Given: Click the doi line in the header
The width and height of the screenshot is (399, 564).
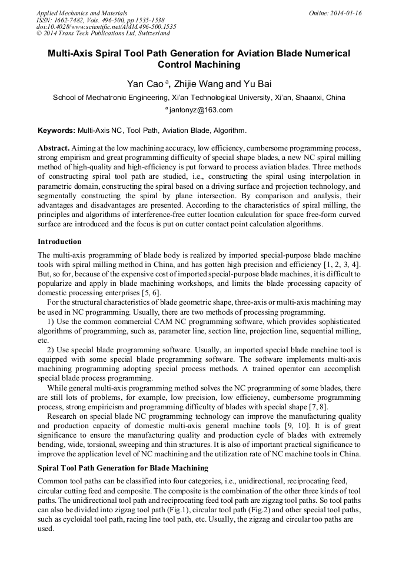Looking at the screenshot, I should click(x=106, y=26).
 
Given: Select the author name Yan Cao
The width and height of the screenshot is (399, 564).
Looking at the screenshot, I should click(x=145, y=84).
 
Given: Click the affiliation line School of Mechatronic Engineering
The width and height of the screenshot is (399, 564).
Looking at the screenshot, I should click(x=199, y=98).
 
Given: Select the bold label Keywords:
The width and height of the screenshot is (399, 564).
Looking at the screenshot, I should click(x=56, y=131).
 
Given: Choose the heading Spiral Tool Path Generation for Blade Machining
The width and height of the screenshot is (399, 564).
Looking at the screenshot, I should click(x=123, y=468).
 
